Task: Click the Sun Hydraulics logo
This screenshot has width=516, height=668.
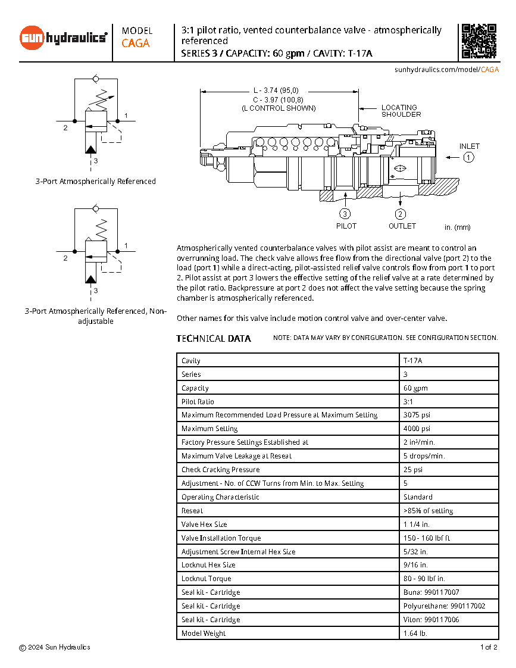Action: click(64, 38)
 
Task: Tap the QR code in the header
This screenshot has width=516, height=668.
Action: click(479, 41)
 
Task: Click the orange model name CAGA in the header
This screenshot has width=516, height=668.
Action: click(136, 43)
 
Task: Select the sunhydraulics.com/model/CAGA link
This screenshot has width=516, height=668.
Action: click(446, 70)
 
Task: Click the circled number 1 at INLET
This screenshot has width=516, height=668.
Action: click(469, 158)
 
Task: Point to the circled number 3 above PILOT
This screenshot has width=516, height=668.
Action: click(345, 214)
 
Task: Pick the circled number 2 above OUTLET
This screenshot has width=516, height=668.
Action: click(401, 214)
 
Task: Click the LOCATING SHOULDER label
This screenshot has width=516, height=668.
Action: click(401, 111)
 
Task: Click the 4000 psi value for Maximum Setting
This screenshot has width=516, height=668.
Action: click(417, 429)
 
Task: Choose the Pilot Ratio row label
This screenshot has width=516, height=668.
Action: click(198, 402)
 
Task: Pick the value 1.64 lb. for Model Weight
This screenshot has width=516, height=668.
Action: click(415, 633)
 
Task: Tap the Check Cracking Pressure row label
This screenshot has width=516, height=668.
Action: click(220, 470)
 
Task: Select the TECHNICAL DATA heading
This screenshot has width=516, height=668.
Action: click(214, 339)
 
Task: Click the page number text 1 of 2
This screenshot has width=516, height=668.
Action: click(488, 647)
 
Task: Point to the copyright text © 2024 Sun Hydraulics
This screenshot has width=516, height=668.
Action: click(55, 647)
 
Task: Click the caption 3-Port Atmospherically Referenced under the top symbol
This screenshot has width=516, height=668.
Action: click(96, 182)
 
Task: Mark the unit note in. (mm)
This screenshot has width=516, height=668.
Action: click(457, 227)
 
